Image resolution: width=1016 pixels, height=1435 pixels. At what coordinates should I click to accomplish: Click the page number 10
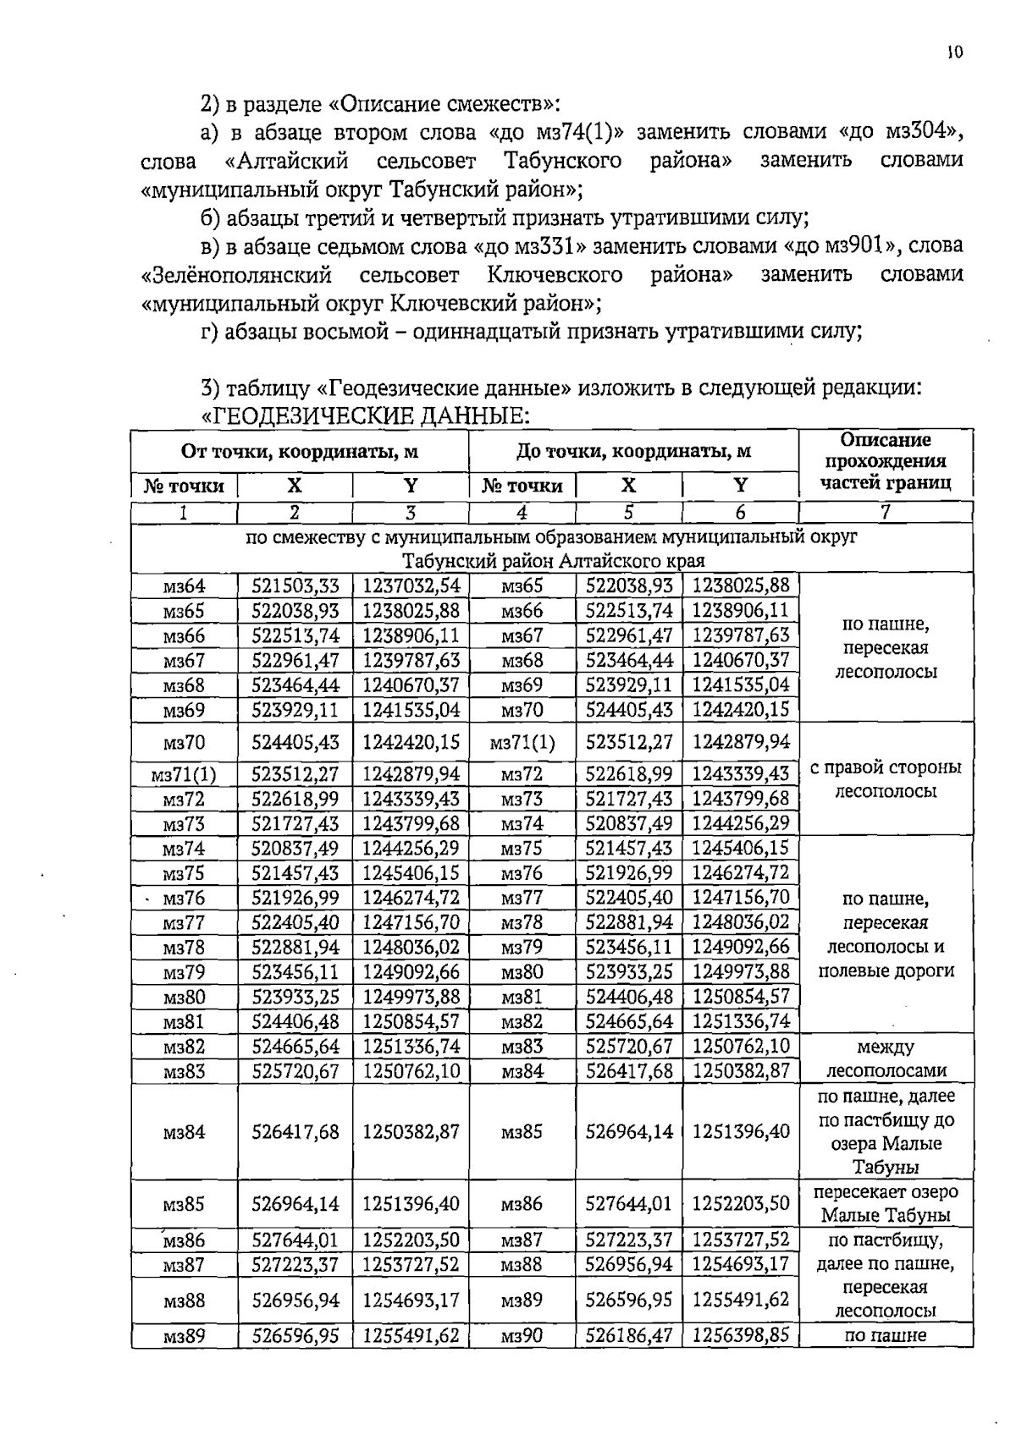[954, 52]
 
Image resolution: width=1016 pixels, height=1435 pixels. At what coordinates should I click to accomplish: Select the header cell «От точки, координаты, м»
[300, 451]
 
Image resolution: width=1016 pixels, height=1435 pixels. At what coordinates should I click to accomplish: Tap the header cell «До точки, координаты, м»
[633, 451]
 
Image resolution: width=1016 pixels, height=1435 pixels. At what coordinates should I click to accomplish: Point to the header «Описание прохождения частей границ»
[885, 462]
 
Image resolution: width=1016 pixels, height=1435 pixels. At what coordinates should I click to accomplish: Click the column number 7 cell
[885, 512]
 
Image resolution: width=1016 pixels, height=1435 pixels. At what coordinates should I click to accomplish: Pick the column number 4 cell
[522, 512]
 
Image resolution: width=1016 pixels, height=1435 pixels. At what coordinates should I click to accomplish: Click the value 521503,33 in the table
[295, 586]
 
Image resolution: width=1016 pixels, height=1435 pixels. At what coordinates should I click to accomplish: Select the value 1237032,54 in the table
[411, 586]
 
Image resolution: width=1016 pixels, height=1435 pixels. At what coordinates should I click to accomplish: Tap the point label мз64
[184, 586]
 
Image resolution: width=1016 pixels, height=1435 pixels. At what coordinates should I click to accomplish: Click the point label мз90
[522, 1336]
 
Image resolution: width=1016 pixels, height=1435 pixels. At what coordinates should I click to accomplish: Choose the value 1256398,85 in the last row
[740, 1336]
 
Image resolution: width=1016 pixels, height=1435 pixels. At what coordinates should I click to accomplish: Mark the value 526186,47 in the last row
[628, 1336]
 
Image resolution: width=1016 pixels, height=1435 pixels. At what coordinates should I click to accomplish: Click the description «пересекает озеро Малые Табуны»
[885, 1203]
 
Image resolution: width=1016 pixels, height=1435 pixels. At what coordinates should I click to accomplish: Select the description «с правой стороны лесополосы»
[885, 779]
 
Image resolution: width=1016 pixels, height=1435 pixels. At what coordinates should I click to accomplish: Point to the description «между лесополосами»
[885, 1058]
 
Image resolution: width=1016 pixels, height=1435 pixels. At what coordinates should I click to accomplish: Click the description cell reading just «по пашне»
[885, 1336]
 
